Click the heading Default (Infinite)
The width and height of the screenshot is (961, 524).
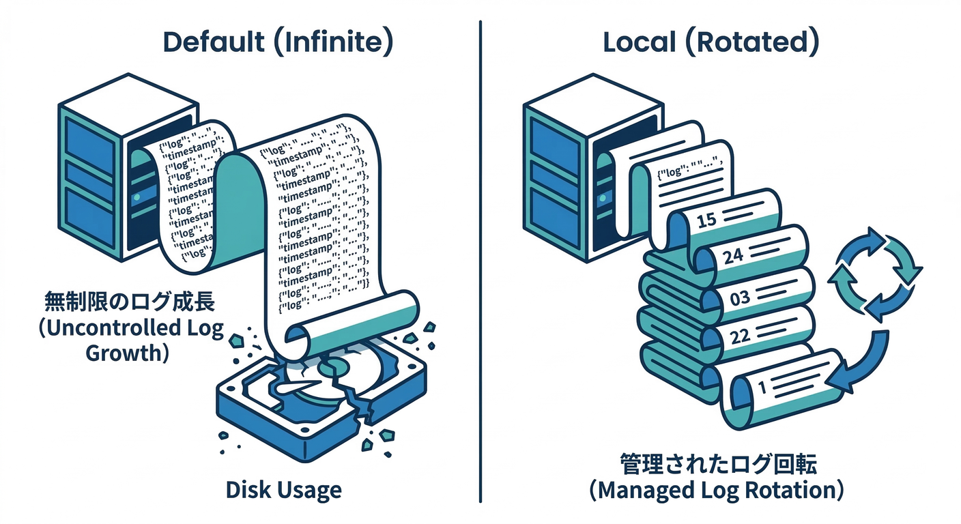(x=278, y=42)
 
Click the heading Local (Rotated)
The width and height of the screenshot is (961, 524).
(x=711, y=42)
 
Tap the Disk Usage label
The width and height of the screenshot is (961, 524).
(x=284, y=489)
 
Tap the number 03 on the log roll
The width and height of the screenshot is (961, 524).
(x=739, y=297)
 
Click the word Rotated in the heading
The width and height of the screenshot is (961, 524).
(x=758, y=42)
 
